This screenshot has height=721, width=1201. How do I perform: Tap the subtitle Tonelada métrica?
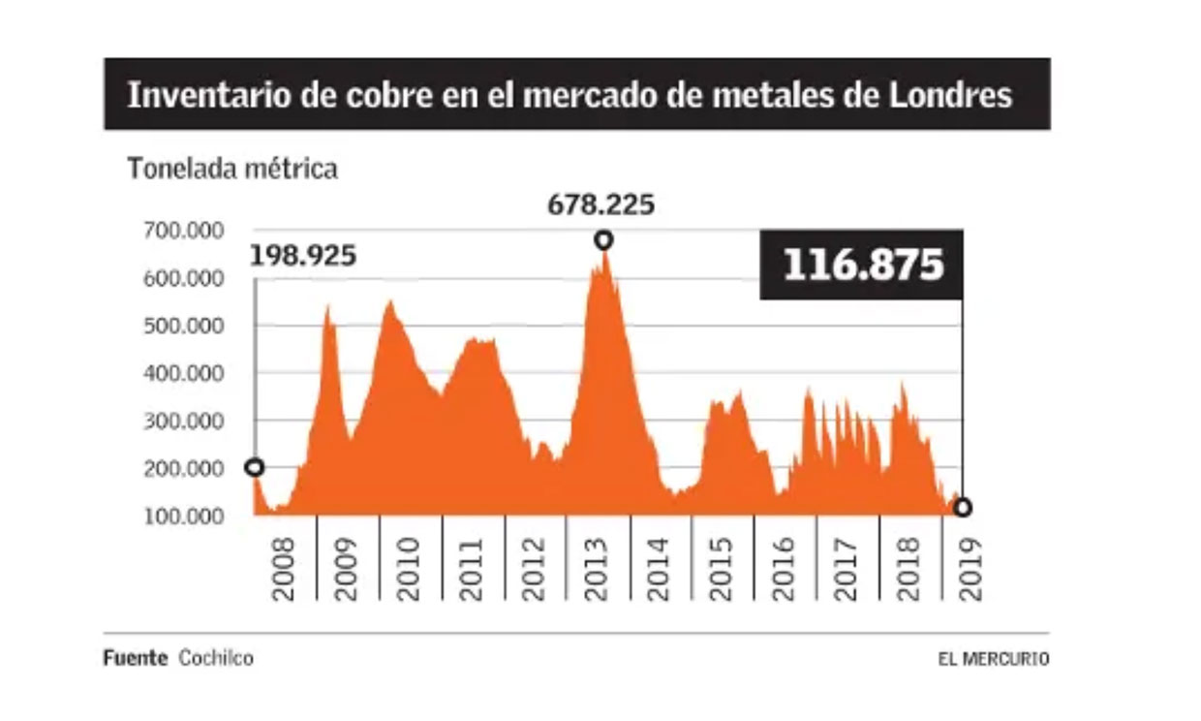click(232, 169)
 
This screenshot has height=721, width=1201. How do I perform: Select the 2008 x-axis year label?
click(283, 569)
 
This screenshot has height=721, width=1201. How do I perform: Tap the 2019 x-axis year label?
click(971, 569)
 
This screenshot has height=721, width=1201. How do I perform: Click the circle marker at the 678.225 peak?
click(603, 239)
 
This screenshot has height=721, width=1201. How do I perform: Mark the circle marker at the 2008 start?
click(255, 467)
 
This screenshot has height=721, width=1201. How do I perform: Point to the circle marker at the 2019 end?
click(962, 507)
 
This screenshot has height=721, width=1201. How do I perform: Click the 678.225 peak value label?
click(600, 205)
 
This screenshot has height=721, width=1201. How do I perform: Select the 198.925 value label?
click(303, 257)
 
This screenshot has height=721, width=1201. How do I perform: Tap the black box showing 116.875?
click(862, 265)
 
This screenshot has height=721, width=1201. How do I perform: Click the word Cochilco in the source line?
click(216, 659)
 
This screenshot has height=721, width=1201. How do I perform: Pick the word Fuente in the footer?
click(135, 659)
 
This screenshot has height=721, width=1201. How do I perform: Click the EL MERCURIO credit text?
click(993, 659)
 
